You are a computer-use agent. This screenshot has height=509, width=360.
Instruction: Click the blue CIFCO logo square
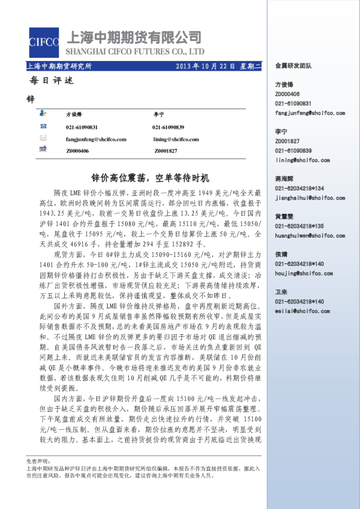[x=44, y=43]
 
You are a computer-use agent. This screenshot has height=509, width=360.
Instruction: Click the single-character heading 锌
[x=31, y=98]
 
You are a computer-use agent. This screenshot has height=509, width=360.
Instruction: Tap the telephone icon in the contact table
[x=42, y=126]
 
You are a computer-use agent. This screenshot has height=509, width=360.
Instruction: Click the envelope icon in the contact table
[x=42, y=138]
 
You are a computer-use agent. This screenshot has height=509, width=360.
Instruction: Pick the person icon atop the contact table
[x=42, y=114]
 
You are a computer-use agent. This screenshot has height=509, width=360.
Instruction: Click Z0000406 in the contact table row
[x=77, y=151]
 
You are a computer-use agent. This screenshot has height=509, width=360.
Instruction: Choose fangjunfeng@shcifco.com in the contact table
[x=96, y=138]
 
